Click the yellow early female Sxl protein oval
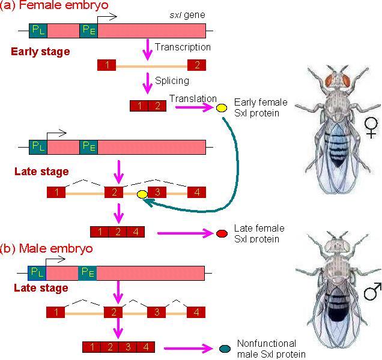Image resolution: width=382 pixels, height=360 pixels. tap(221, 108)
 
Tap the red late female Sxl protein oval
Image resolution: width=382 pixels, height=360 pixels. tap(222, 233)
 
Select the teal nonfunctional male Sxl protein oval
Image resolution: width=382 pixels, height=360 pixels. tap(225, 349)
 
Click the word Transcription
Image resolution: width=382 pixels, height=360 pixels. tap(183, 47)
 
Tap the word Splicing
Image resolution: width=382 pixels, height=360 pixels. tap(172, 80)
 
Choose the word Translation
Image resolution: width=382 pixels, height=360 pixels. tap(193, 99)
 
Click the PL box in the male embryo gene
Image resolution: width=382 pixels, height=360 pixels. tap(37, 274)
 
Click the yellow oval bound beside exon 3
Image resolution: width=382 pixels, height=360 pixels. tap(142, 194)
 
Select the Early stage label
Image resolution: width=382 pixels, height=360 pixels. tap(40, 52)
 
